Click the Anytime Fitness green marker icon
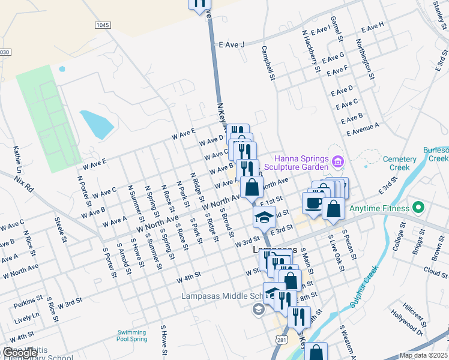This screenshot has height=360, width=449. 419,209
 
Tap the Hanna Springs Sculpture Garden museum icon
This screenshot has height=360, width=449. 337,160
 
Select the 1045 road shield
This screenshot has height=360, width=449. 103,25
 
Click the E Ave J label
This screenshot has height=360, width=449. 232,44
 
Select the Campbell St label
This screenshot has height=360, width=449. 267,63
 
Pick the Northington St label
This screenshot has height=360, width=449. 366,60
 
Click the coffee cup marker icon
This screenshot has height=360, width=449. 313,202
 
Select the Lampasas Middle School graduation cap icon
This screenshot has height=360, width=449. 258,310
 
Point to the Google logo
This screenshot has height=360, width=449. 20,353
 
